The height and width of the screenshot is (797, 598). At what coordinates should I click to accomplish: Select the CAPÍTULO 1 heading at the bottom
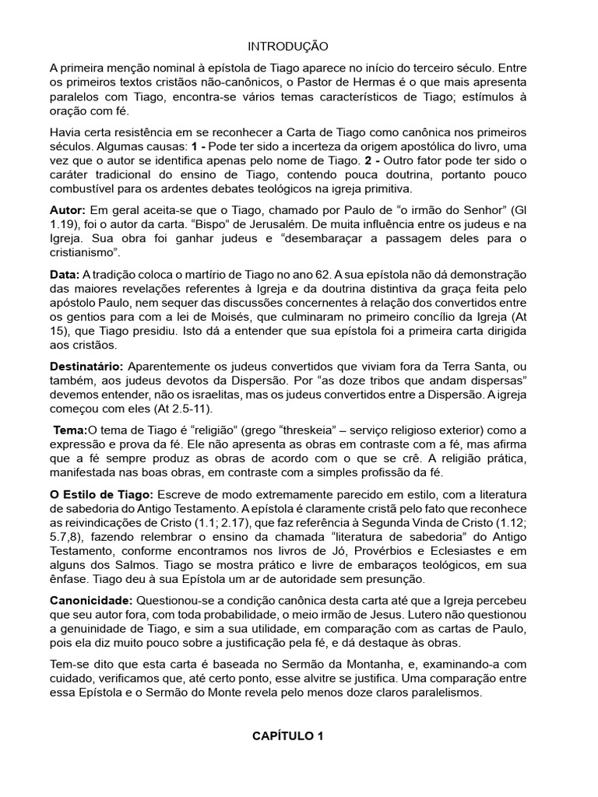(x=287, y=736)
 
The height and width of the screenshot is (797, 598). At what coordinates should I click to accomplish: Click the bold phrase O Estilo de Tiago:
(x=102, y=495)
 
